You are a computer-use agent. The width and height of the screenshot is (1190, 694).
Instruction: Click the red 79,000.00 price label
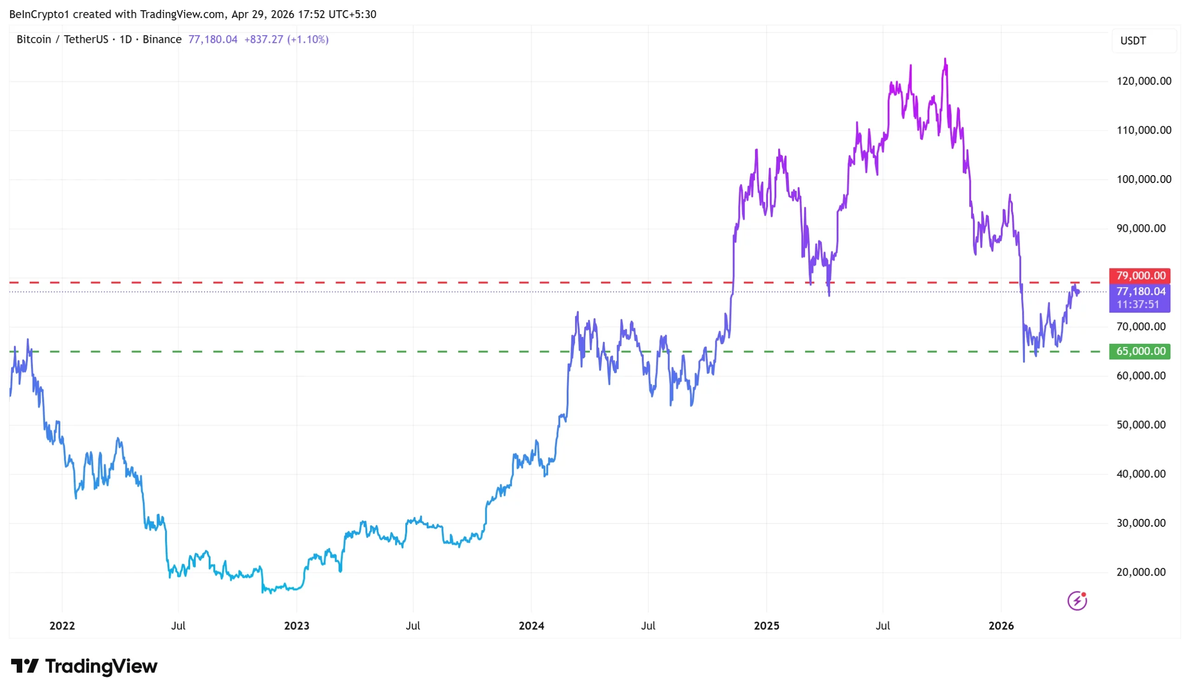pos(1139,275)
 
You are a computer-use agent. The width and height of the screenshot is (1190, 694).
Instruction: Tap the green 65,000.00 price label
pos(1139,352)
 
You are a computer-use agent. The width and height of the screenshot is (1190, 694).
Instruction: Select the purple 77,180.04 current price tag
pos(1140,292)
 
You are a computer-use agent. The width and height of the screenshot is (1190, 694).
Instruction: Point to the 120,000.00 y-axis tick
pos(1143,81)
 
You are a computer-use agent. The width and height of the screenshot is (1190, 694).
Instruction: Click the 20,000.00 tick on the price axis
pos(1140,572)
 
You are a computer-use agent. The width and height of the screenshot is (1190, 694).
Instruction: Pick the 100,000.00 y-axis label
pos(1143,179)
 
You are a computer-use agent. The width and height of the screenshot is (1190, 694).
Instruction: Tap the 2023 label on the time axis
pos(297,626)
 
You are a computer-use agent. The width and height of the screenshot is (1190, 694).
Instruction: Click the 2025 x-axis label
pos(767,626)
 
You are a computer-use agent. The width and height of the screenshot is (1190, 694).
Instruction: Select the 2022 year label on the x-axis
pos(62,626)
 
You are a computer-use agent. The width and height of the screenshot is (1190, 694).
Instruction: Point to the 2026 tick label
pos(1001,626)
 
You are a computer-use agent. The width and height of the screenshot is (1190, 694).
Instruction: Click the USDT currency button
pos(1133,41)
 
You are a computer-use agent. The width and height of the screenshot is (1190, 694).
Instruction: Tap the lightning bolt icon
pos(1077,601)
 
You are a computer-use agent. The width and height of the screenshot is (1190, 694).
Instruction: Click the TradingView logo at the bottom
pos(84,666)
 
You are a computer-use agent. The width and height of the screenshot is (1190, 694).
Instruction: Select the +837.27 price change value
pos(264,39)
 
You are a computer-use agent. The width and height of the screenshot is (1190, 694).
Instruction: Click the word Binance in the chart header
pos(162,39)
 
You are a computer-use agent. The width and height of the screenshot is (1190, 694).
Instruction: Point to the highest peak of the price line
pos(945,59)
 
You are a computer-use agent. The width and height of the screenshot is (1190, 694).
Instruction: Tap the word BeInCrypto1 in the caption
pos(39,14)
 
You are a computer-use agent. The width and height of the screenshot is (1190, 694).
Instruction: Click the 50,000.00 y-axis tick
pos(1140,425)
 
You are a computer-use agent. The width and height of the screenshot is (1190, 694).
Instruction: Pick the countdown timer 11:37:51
pos(1138,305)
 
